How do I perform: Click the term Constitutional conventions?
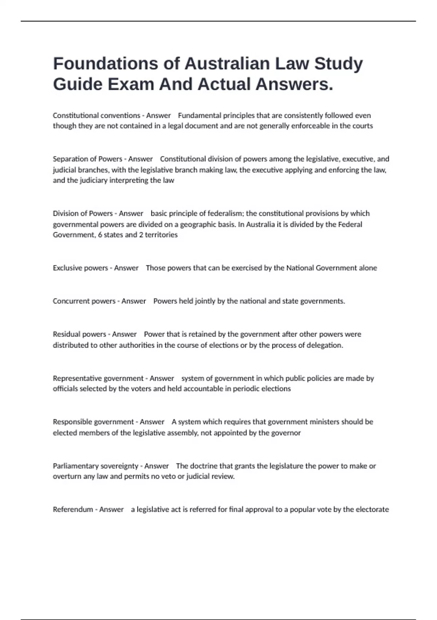coord(97,116)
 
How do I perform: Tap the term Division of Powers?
coord(83,213)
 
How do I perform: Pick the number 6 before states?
coord(100,235)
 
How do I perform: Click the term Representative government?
coord(98,379)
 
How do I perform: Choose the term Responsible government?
coord(93,422)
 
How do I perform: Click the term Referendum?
coord(73,509)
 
